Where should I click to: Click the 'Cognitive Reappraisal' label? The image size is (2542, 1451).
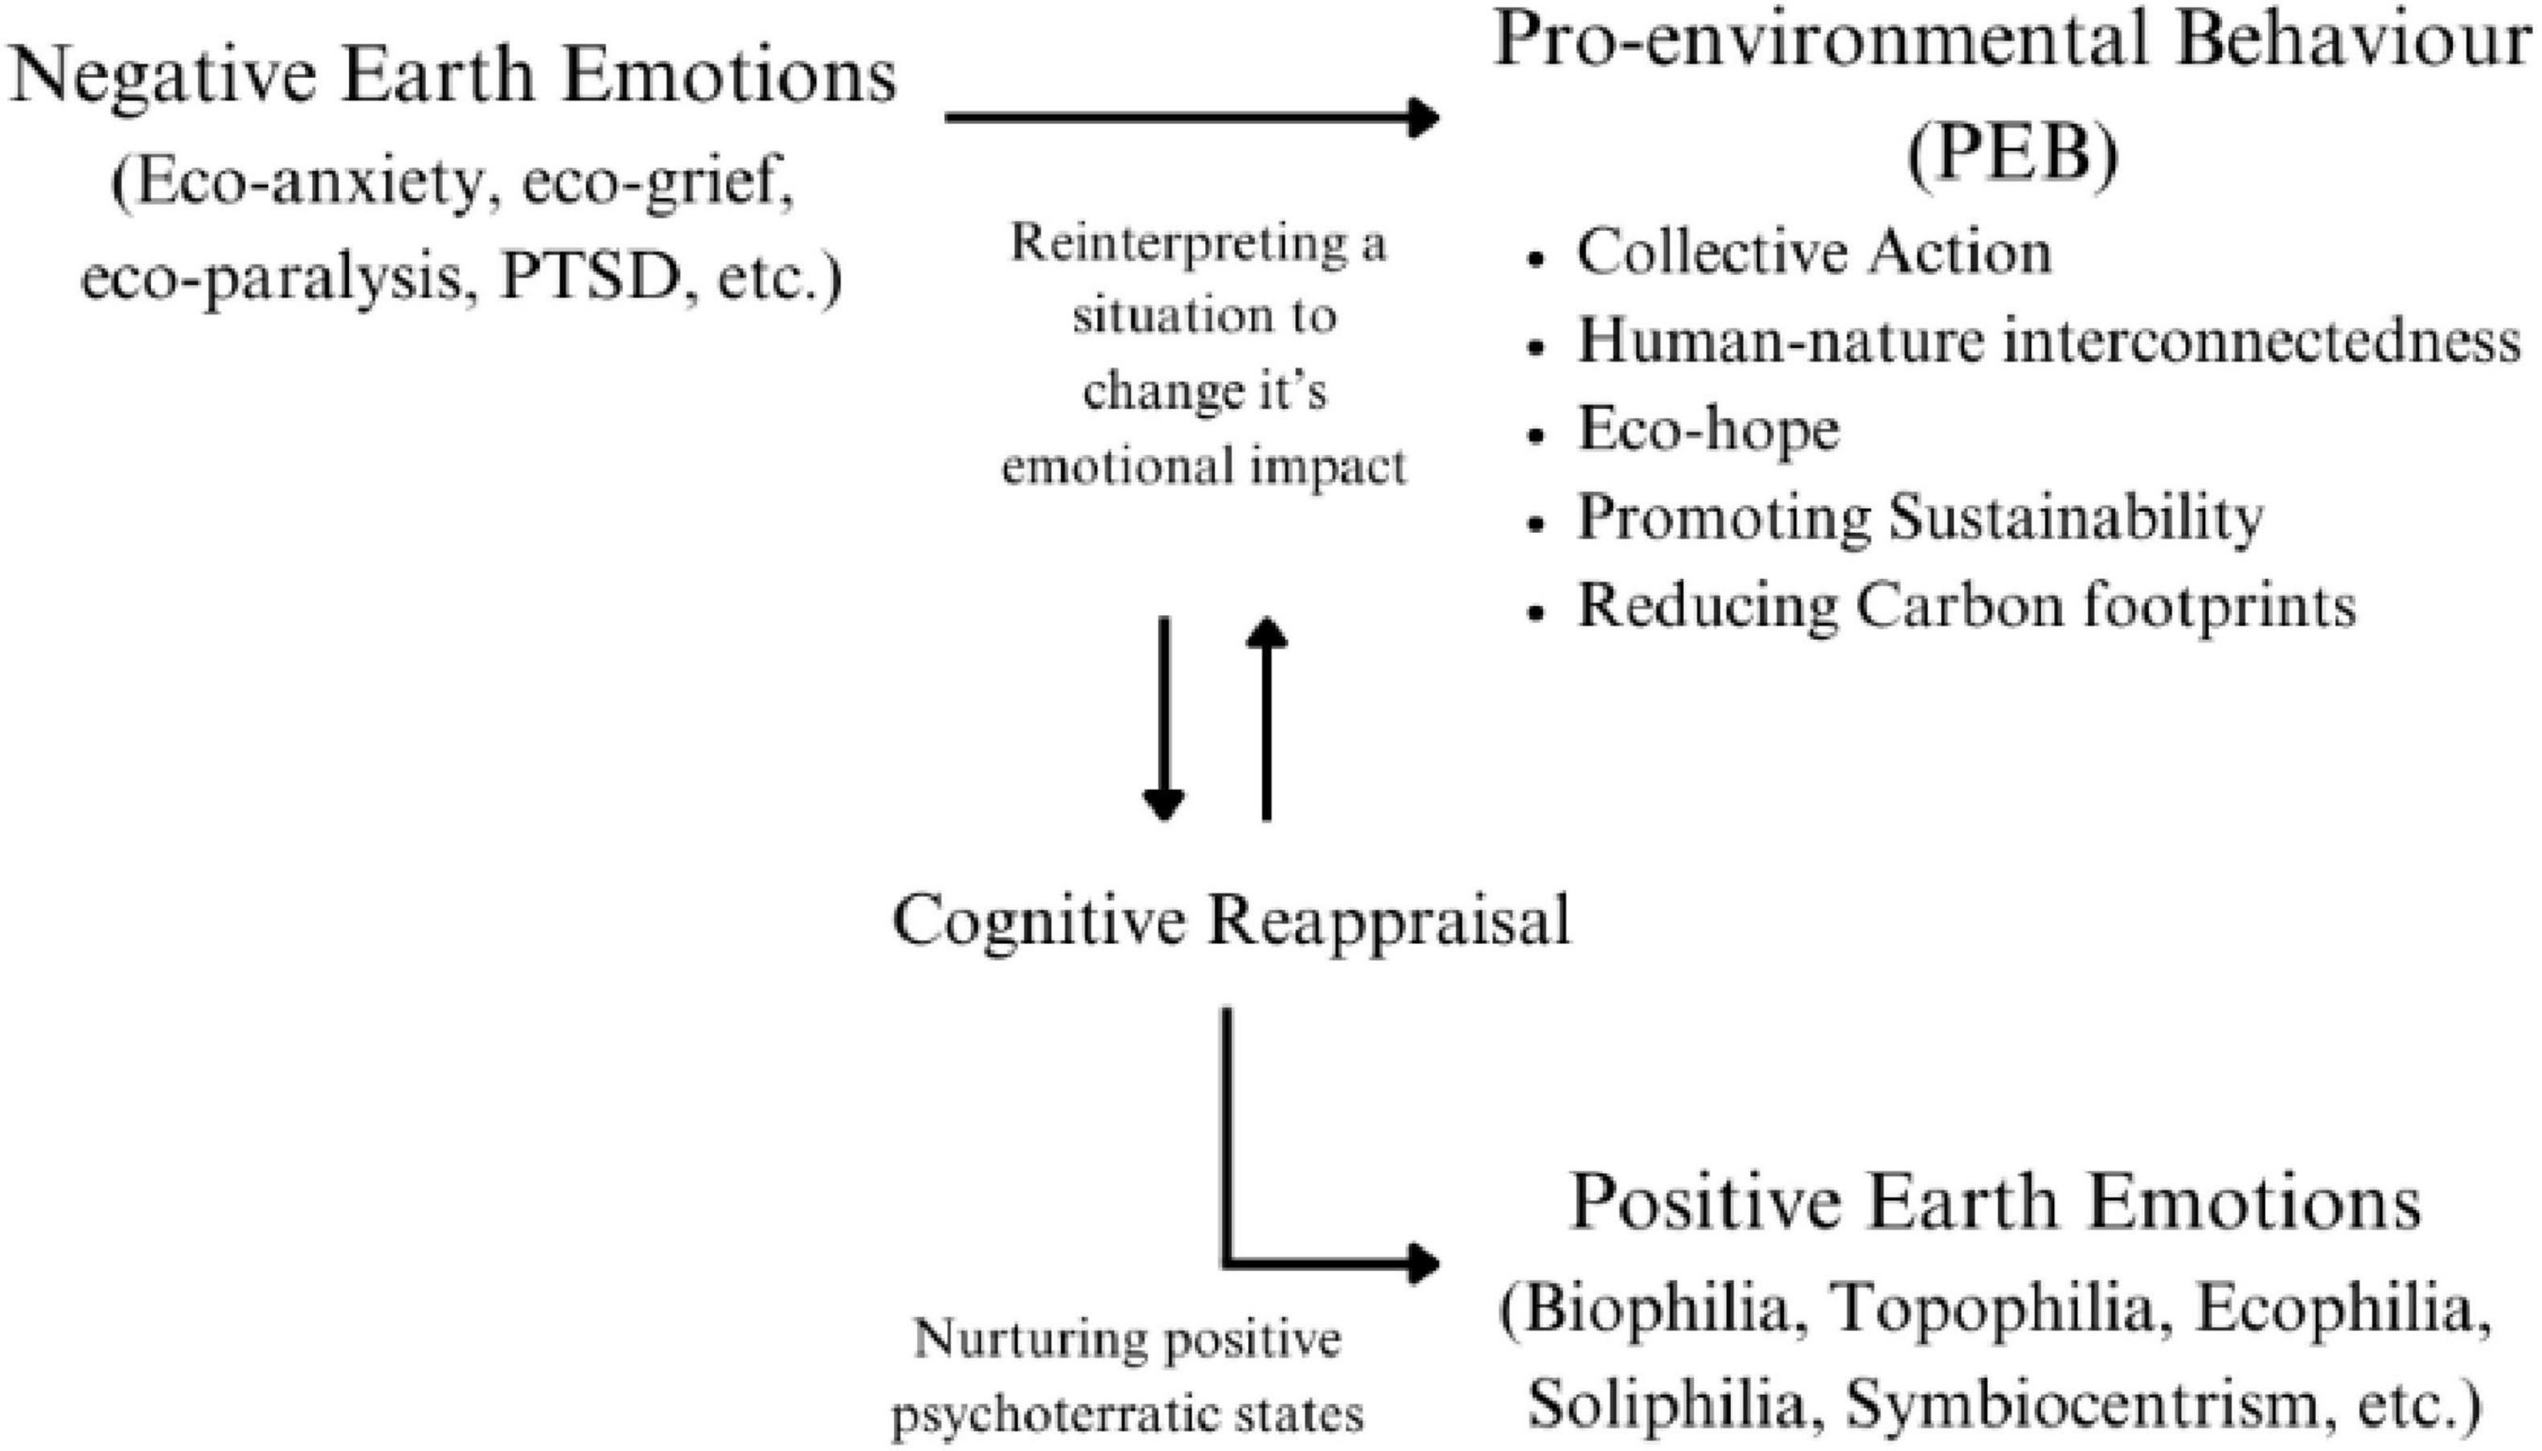click(x=1231, y=920)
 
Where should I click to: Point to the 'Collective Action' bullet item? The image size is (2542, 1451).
click(x=1814, y=253)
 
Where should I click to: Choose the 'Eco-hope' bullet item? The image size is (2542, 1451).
click(x=1708, y=429)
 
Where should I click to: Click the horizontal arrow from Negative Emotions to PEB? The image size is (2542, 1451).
click(x=1190, y=117)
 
